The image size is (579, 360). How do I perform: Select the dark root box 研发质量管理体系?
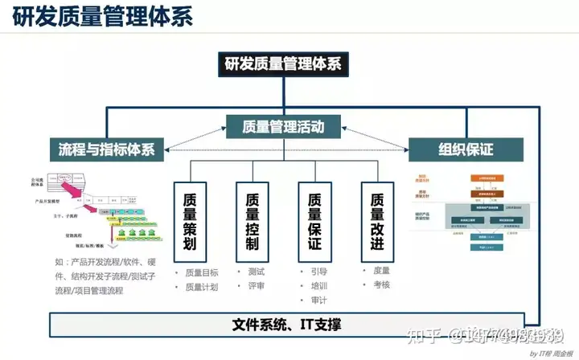tap(282, 63)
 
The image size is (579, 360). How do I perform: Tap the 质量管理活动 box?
tap(282, 125)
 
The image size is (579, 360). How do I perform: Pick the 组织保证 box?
tap(466, 149)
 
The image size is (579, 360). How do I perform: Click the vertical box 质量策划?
tap(190, 219)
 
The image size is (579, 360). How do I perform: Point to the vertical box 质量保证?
tap(314, 219)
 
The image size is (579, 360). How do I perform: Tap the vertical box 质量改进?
tap(376, 219)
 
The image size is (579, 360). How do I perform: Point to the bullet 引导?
tap(319, 272)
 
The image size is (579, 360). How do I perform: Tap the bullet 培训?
tap(319, 285)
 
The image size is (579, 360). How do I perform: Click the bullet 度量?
tap(380, 271)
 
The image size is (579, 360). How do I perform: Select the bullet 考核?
tap(380, 285)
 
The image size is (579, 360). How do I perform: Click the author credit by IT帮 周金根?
tap(547, 353)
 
